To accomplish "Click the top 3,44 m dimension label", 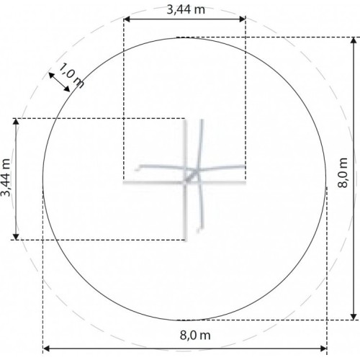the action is (x=186, y=10).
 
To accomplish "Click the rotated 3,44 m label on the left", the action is (x=6, y=177).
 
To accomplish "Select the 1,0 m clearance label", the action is (x=71, y=76).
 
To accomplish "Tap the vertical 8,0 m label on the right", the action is (x=342, y=173).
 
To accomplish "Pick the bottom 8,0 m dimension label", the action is (x=195, y=335).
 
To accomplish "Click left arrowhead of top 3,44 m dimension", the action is (x=127, y=19).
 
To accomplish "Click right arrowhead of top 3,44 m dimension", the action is (x=243, y=19).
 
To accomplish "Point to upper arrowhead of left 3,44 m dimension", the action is (x=16, y=122).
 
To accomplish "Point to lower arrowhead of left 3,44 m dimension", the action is (x=16, y=236).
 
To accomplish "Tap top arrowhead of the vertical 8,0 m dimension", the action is (x=354, y=40).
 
